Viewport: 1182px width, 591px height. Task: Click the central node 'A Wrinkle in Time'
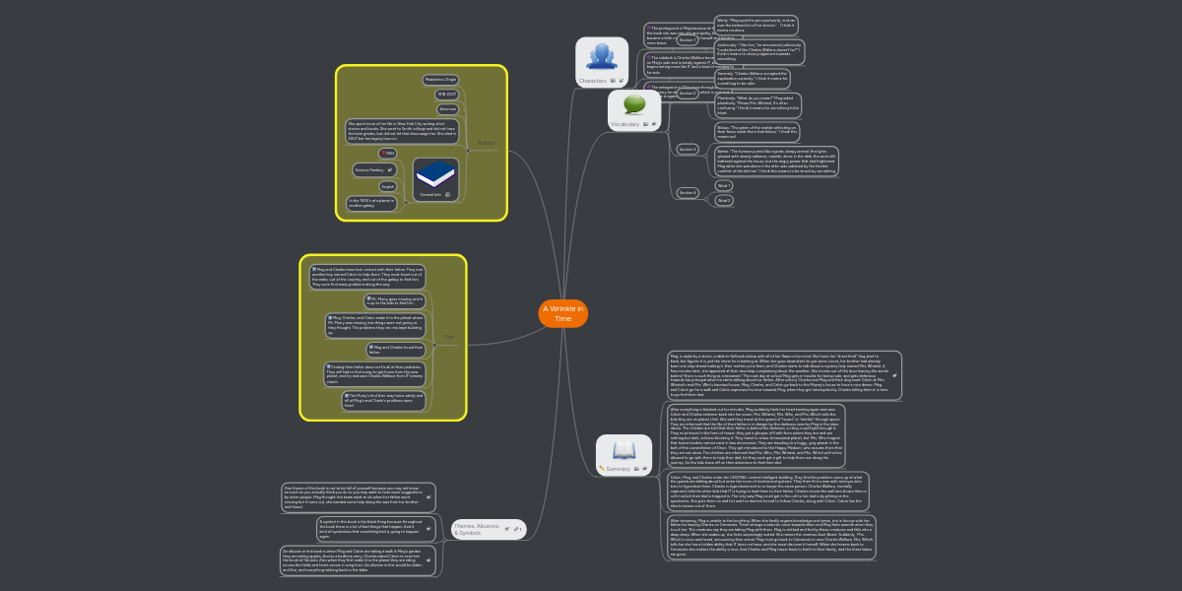pos(562,313)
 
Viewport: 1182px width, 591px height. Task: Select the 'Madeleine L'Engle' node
pos(440,79)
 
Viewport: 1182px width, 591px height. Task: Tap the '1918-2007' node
pos(447,95)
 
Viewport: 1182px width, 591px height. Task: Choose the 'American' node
pos(447,109)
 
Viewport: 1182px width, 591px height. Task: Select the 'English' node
pos(388,186)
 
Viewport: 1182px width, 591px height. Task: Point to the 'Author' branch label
pos(486,143)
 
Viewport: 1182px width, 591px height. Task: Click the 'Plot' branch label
pos(449,337)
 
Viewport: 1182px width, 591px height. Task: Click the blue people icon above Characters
pos(601,56)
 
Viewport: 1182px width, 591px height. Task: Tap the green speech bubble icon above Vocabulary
pos(634,103)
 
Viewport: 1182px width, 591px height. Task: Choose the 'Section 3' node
pos(688,149)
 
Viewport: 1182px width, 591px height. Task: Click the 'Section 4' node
pos(688,192)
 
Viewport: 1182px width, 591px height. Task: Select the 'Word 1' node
pos(724,185)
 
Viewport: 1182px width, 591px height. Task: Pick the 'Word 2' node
pos(724,200)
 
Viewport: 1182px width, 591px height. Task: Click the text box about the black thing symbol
pos(369,528)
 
